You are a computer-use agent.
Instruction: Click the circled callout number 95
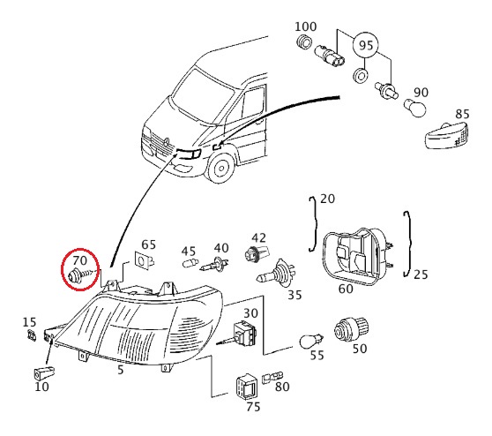(366, 46)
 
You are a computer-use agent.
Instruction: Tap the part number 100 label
(305, 26)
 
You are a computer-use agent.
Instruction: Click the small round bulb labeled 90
(414, 108)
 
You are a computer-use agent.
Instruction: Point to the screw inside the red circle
(79, 274)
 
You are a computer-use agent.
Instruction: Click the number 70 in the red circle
(79, 260)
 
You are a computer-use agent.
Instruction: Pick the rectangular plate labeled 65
(144, 260)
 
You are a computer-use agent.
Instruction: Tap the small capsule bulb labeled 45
(190, 262)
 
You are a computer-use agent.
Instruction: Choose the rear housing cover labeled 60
(358, 256)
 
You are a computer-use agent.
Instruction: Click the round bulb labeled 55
(311, 342)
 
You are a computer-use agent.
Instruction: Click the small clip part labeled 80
(272, 377)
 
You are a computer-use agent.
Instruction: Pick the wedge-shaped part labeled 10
(44, 373)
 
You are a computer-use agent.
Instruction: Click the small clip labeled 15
(32, 335)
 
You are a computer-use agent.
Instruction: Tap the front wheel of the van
(221, 168)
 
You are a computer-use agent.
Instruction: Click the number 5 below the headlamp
(121, 370)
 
